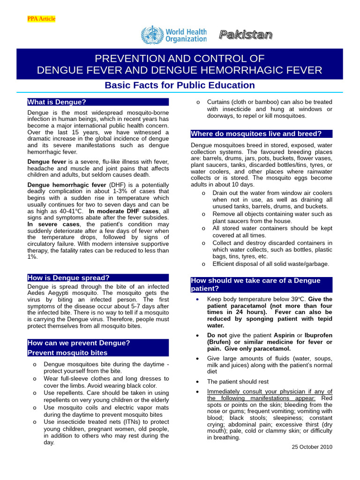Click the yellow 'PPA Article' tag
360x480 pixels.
coord(41,19)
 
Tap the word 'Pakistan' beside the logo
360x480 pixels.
coord(245,35)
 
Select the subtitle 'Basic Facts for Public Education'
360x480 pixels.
coord(180,85)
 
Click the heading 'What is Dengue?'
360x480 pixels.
coord(57,102)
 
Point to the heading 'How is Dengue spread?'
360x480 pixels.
coord(68,277)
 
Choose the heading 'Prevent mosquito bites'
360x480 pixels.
coord(67,352)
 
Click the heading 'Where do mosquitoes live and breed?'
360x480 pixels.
coord(256,134)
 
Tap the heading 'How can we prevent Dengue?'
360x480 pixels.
coord(79,343)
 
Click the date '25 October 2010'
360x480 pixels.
coord(312,447)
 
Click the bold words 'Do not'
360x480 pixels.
coord(217,336)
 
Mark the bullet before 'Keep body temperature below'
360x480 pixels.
coord(198,299)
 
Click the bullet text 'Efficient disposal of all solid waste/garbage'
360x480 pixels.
coord(270,264)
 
